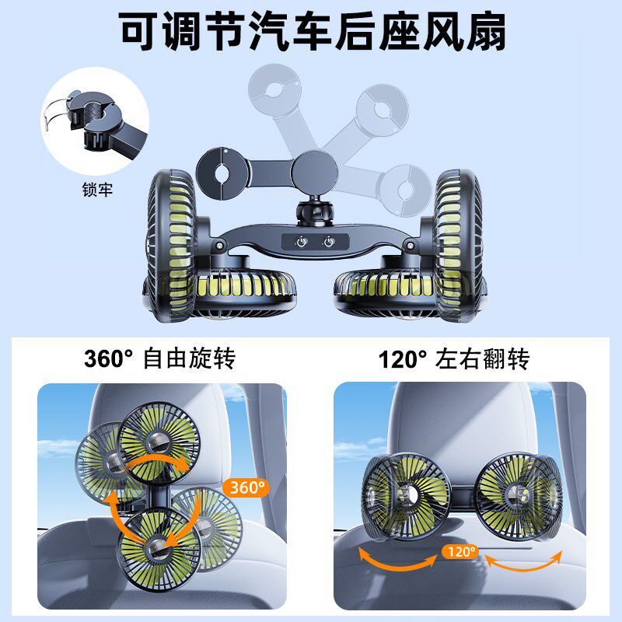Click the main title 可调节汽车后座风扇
[x=311, y=32]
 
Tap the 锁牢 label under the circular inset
[x=97, y=189]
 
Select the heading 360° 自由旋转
[x=159, y=359]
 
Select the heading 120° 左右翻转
[x=454, y=359]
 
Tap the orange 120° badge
[x=460, y=552]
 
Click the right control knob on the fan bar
[x=330, y=242]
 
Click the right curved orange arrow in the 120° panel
[x=526, y=557]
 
